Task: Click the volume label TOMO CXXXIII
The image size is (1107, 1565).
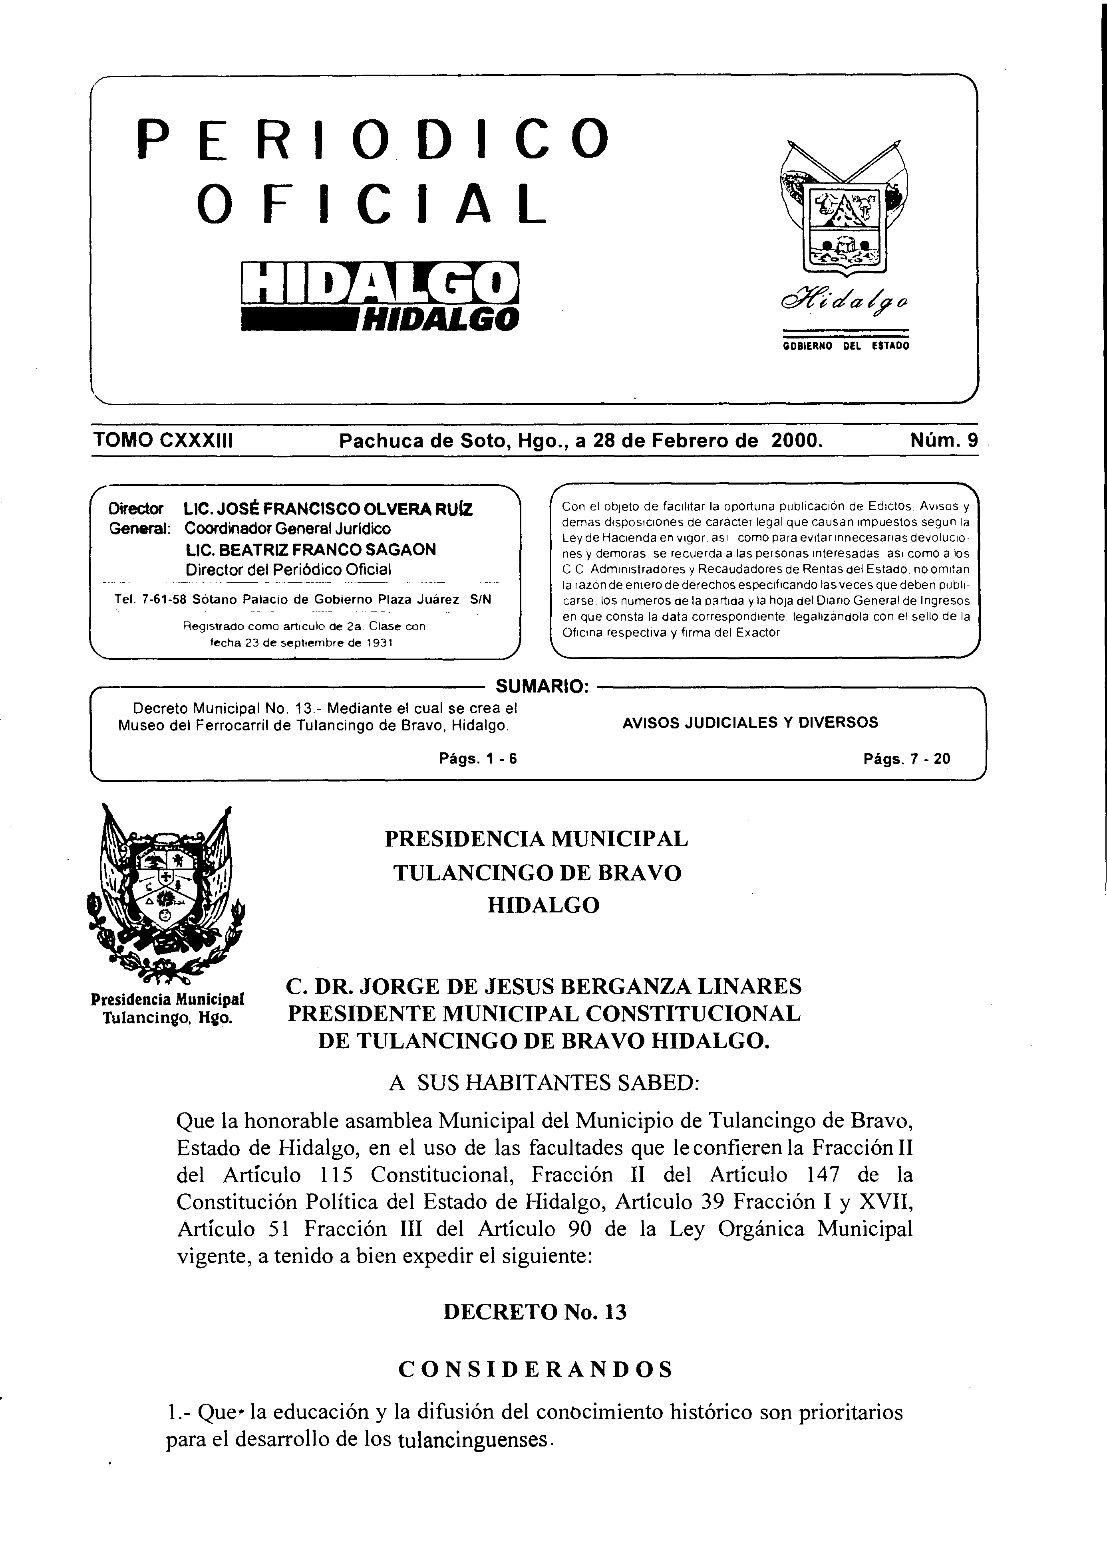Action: (164, 440)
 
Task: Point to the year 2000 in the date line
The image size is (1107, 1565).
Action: (795, 440)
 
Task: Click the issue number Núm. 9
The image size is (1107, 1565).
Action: (944, 440)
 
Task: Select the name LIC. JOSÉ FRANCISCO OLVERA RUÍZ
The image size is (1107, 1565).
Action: (328, 509)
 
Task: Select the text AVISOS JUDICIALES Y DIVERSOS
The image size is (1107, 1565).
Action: (750, 722)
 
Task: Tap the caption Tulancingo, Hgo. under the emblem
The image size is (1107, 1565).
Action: (167, 1018)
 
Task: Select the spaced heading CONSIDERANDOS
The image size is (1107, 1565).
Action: (535, 1369)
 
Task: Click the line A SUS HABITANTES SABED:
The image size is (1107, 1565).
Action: (544, 1083)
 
